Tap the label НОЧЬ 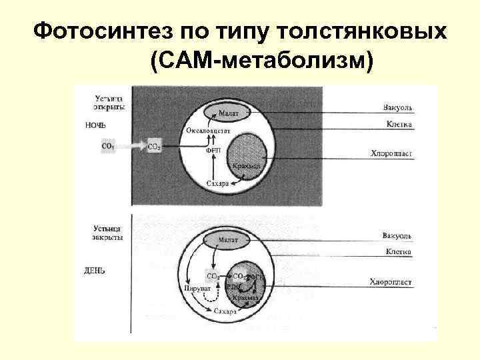tap(96, 124)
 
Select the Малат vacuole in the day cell tap(231, 238)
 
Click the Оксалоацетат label tap(209, 131)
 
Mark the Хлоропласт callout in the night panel tap(391, 153)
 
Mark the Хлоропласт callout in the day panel tap(391, 282)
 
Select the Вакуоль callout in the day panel tap(397, 236)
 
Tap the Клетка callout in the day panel tap(398, 252)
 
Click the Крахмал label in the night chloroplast tap(247, 165)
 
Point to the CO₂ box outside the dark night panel tap(107, 145)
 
